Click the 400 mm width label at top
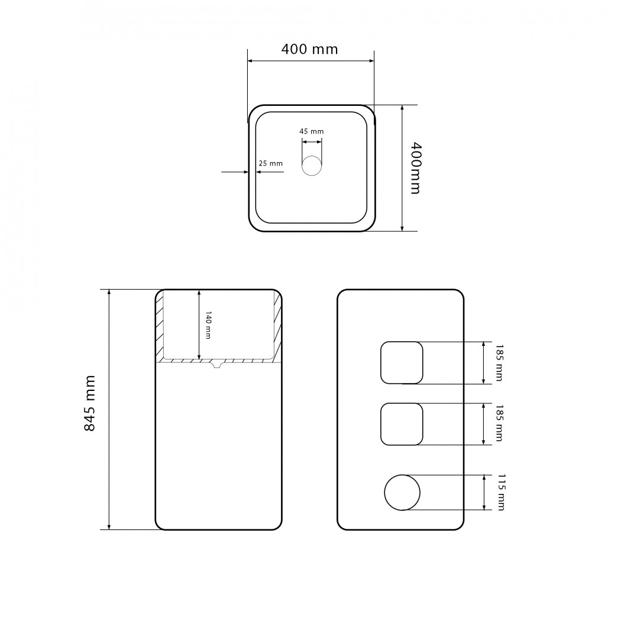coord(310,49)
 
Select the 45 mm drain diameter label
coord(311,131)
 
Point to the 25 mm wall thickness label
coord(270,163)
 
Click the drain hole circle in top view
coord(312,166)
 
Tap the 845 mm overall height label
coord(90,403)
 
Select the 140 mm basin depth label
coord(208,325)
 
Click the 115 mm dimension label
coord(501,492)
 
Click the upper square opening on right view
coord(381,363)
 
